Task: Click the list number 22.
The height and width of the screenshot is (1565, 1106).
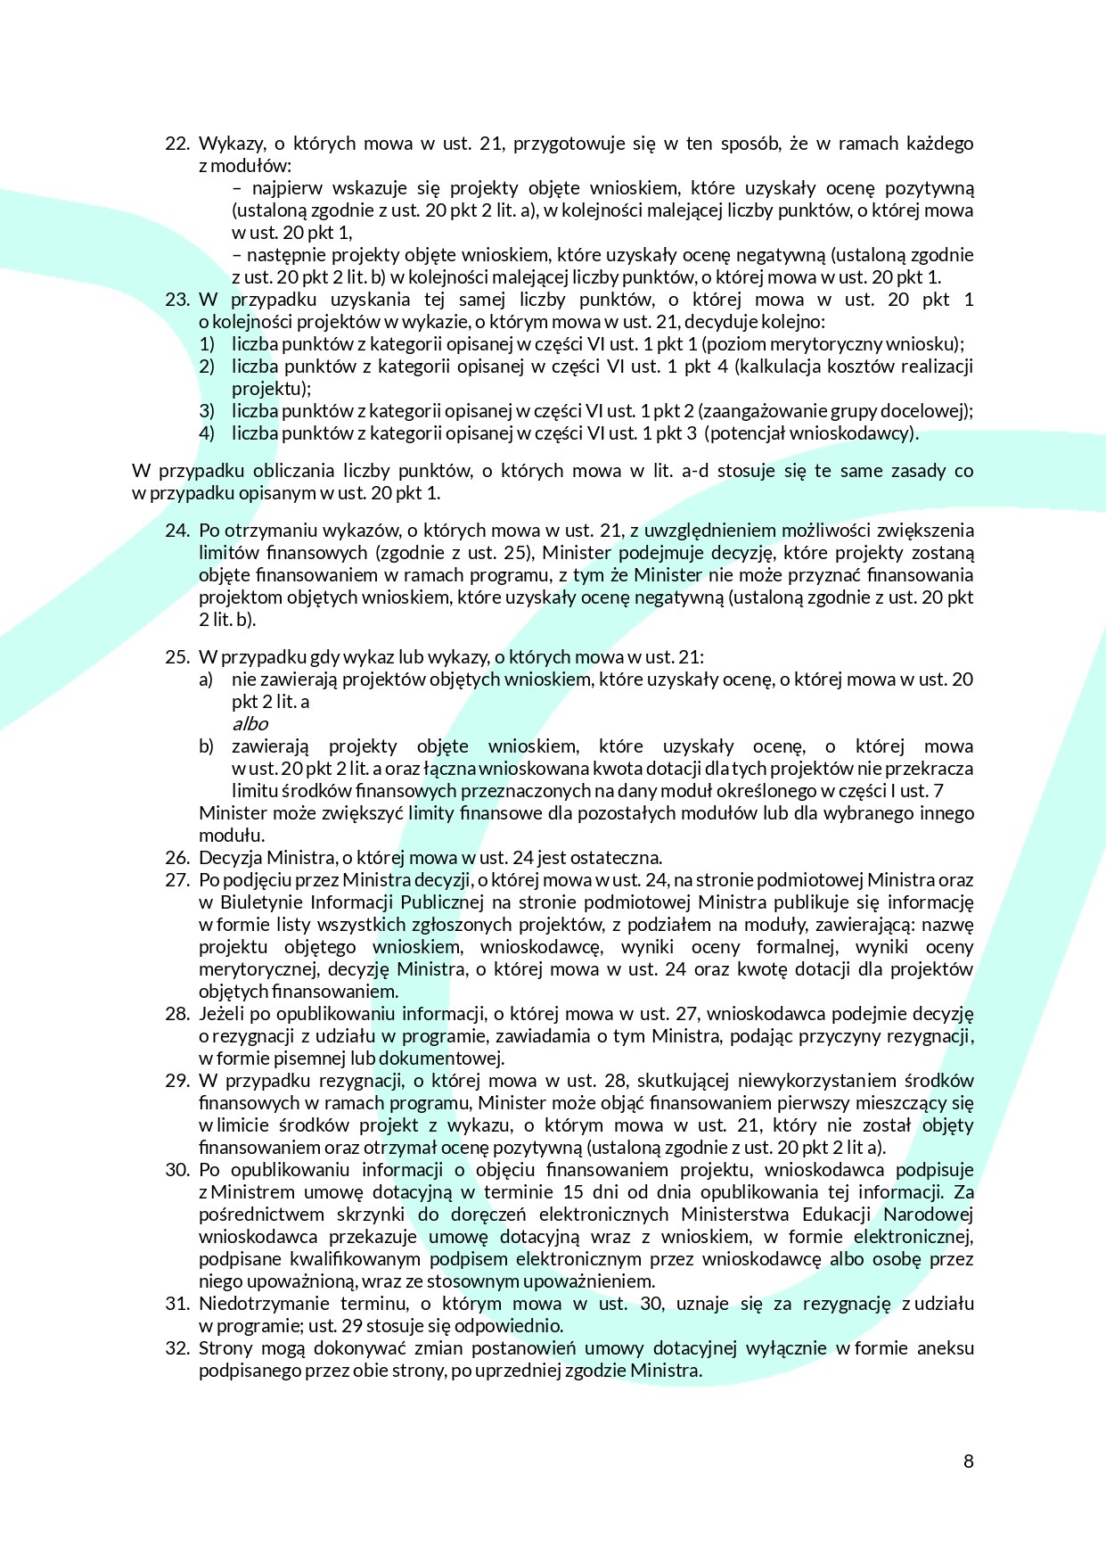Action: point(177,144)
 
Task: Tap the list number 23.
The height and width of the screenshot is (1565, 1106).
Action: point(177,300)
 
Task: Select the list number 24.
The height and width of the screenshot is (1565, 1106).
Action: point(177,531)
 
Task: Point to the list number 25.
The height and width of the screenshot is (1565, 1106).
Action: point(177,657)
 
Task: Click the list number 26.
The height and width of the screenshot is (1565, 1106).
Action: point(177,858)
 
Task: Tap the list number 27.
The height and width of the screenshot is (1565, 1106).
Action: point(177,880)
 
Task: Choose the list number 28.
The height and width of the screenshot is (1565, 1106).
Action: point(177,1014)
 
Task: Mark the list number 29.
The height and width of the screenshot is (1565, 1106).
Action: point(177,1081)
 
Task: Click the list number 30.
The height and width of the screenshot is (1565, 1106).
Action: point(177,1170)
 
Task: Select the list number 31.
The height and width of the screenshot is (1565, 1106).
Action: point(177,1304)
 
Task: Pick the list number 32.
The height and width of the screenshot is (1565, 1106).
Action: point(177,1348)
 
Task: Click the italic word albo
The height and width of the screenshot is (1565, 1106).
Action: point(250,724)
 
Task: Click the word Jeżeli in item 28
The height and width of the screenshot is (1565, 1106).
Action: point(221,1014)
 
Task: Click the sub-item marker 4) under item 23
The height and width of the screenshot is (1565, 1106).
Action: point(207,433)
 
